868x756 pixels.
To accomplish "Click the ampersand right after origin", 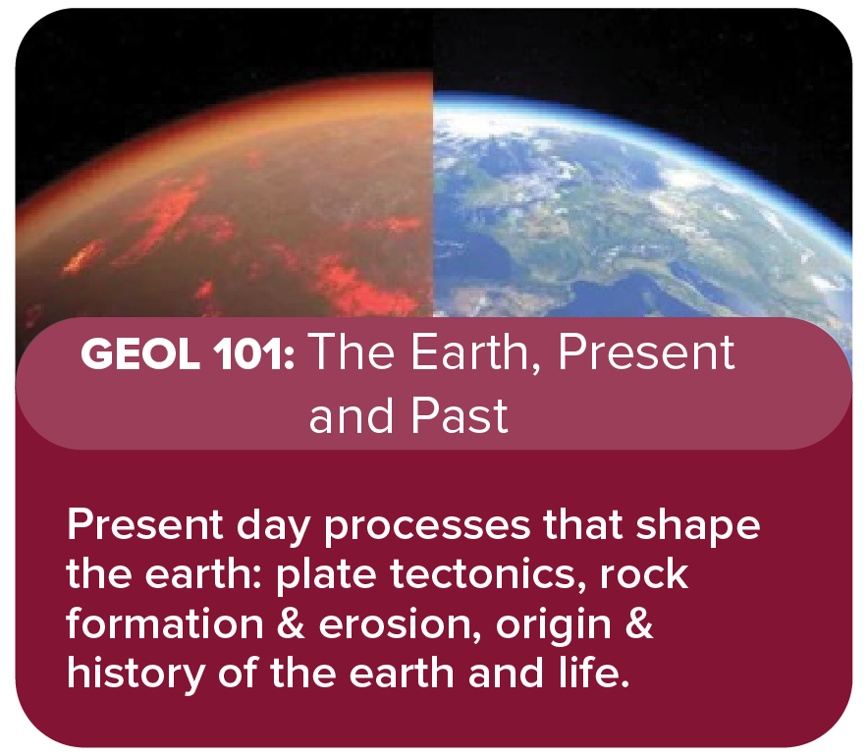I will [638, 625].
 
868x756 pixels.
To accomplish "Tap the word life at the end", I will [592, 674].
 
